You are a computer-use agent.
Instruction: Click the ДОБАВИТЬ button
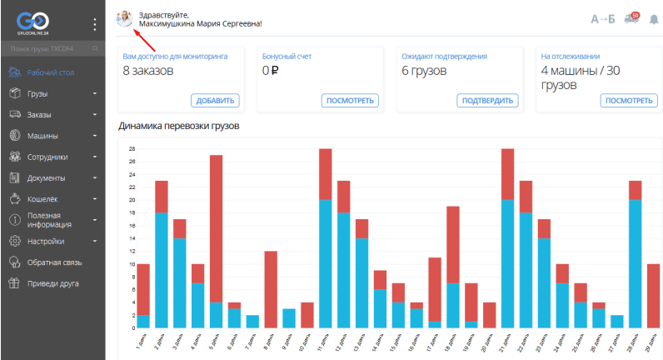[x=217, y=101]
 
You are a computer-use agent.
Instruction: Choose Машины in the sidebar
[x=42, y=135]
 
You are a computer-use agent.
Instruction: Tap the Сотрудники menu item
[x=47, y=157]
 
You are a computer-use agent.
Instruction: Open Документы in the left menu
[x=46, y=177]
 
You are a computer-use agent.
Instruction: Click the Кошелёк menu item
[x=43, y=199]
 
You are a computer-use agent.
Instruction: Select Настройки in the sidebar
[x=45, y=242]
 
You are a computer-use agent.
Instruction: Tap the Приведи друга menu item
[x=52, y=283]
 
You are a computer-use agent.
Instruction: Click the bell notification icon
[x=653, y=19]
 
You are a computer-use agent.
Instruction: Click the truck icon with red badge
[x=631, y=19]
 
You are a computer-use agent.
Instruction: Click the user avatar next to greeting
[x=125, y=19]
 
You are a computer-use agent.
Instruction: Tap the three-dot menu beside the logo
[x=94, y=24]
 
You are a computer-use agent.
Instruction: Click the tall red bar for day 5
[x=216, y=225]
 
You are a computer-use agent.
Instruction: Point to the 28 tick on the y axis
[x=132, y=149]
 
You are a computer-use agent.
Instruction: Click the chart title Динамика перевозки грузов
[x=179, y=127]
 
